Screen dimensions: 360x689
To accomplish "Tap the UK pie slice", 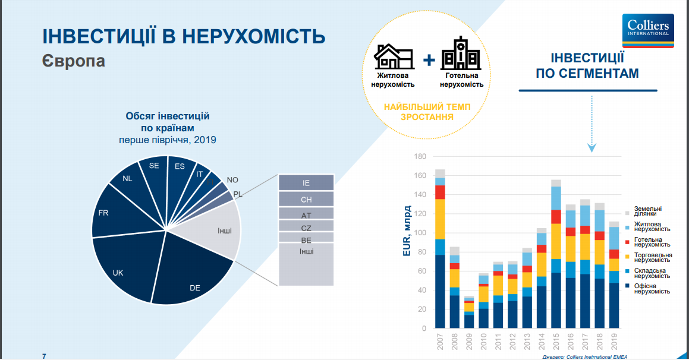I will click(122, 267).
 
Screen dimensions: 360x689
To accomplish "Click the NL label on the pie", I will click(128, 178).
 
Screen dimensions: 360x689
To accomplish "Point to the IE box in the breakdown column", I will click(306, 183).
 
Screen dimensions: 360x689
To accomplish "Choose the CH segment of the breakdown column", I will click(306, 200).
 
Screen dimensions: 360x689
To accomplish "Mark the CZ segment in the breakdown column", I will click(306, 227).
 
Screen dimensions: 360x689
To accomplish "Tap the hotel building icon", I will click(461, 53).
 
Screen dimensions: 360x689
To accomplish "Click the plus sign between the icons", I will click(429, 59).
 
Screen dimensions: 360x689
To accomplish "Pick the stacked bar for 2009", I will click(469, 312).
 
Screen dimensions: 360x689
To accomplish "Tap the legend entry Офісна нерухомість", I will click(652, 289).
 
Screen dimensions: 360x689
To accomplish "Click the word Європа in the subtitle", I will click(74, 61).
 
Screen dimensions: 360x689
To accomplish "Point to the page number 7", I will click(44, 356).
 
